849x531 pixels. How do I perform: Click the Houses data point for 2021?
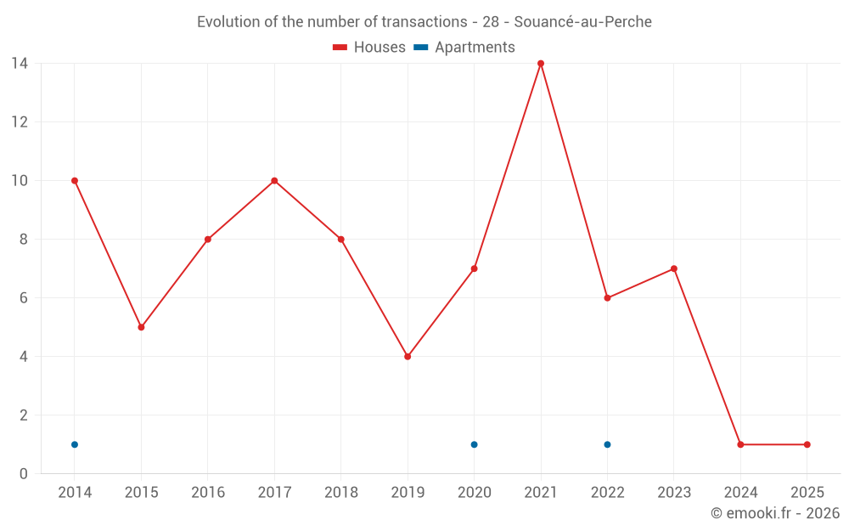(x=541, y=64)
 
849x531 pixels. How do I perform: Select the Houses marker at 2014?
(x=75, y=181)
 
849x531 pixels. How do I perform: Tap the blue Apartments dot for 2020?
(x=474, y=444)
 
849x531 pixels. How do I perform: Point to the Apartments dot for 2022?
(x=607, y=444)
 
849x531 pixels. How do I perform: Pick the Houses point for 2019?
(x=408, y=357)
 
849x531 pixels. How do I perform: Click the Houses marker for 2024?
(x=740, y=444)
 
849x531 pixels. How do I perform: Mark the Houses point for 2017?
(x=274, y=181)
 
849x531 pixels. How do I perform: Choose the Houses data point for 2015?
(x=141, y=327)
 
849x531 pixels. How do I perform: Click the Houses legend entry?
(x=369, y=48)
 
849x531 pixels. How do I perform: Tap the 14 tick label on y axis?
(x=20, y=64)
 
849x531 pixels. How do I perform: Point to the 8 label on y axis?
(x=24, y=240)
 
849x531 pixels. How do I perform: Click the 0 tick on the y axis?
(x=24, y=474)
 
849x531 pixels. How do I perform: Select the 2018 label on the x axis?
(x=341, y=493)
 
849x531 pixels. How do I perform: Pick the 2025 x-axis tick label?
(x=807, y=493)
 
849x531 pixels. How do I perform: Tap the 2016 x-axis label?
(x=208, y=493)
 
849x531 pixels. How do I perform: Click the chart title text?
(x=424, y=22)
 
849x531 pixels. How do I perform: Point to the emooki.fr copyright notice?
(x=774, y=513)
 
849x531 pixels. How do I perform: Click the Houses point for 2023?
(x=673, y=268)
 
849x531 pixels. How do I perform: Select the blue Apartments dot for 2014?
(x=75, y=444)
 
